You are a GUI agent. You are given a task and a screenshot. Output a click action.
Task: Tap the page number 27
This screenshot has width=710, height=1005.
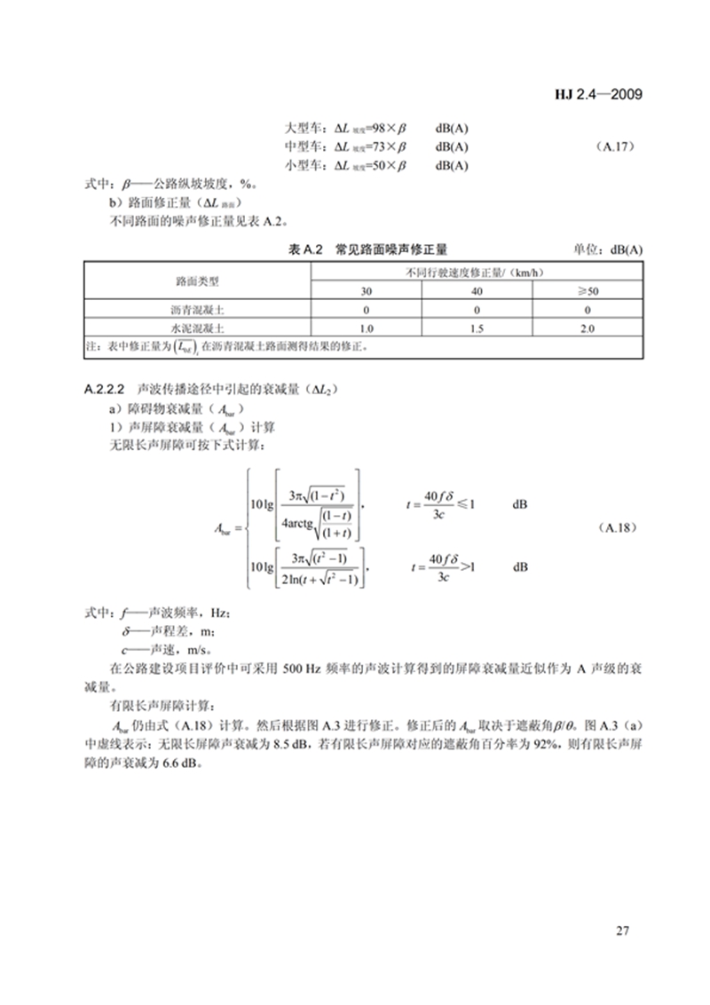click(621, 930)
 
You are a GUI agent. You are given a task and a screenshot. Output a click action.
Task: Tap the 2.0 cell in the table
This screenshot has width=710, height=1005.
click(588, 328)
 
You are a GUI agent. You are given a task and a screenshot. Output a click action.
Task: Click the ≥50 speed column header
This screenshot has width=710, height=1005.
click(588, 291)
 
